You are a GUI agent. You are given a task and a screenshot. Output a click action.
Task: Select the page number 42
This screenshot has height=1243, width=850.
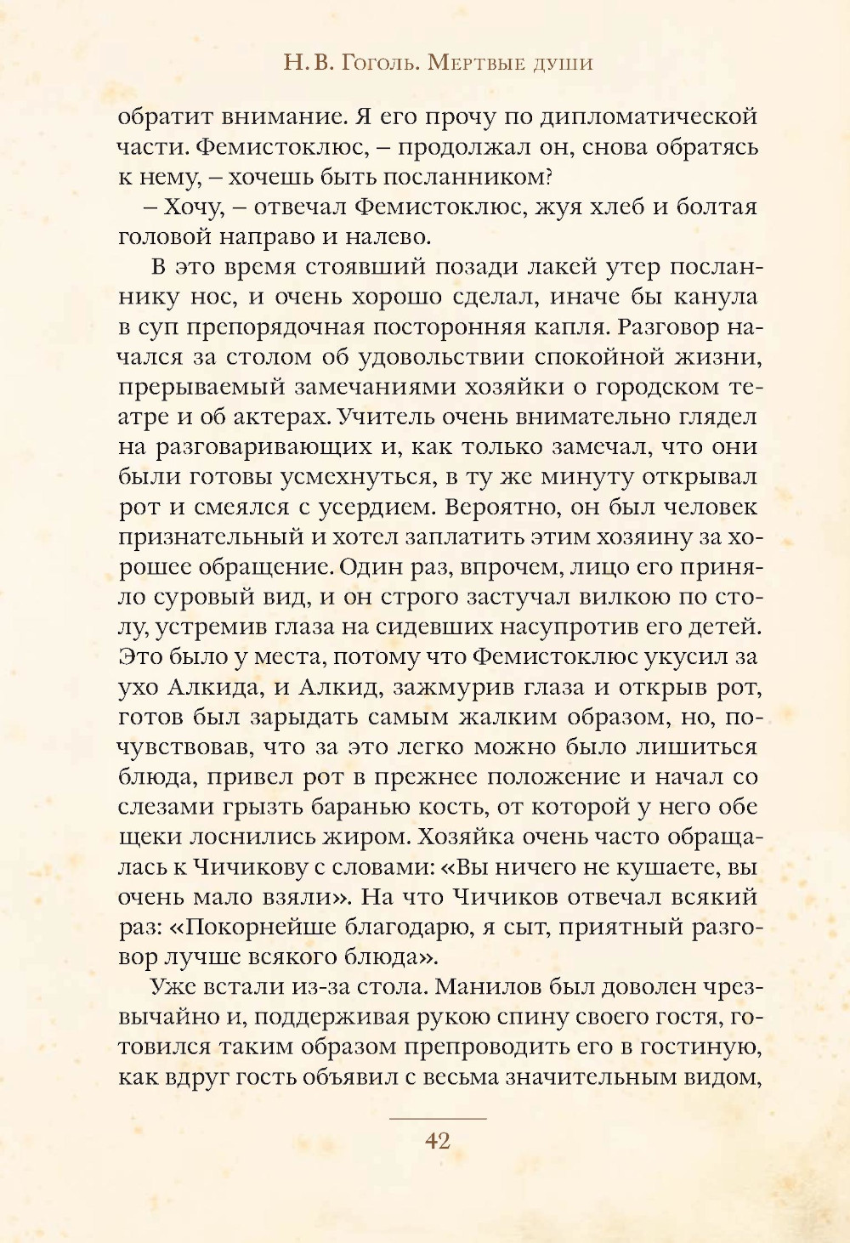[x=437, y=1141]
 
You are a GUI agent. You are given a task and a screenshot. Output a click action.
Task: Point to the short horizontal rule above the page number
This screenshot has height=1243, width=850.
[x=437, y=1119]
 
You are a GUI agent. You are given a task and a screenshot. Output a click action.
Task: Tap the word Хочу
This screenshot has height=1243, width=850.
[x=192, y=207]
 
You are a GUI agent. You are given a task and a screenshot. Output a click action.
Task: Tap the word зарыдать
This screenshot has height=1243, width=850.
[x=297, y=717]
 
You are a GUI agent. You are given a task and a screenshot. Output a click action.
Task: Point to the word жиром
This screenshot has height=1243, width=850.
[x=365, y=837]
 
